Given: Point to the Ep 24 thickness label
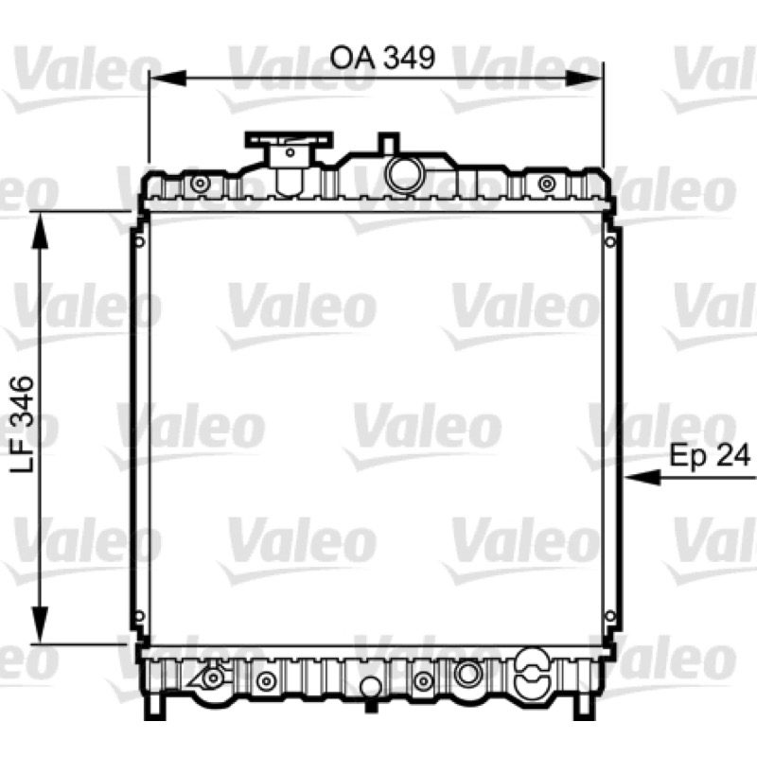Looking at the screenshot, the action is tap(710, 455).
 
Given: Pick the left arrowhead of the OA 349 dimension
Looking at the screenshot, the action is tap(167, 79).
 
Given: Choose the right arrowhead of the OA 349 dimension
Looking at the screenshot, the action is tap(585, 79).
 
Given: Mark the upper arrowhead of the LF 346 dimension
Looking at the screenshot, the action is tap(40, 231).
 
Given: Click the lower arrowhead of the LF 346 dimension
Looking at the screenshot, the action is tap(40, 625).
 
